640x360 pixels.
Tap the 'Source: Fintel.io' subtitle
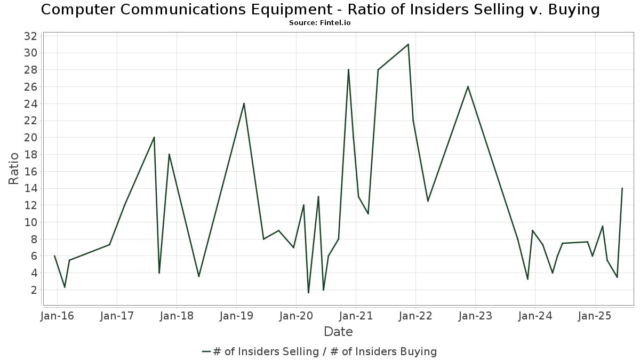(x=319, y=23)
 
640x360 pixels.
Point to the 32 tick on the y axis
(x=30, y=36)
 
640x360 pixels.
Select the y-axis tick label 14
(x=30, y=188)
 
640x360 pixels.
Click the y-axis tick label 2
(x=33, y=290)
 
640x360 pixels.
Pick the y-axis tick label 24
(x=30, y=103)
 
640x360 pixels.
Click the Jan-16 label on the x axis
(x=58, y=315)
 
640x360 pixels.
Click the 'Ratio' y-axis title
(x=14, y=169)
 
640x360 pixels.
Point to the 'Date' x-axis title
(x=338, y=332)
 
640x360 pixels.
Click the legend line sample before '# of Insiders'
(x=207, y=351)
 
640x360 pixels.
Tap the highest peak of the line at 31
(x=408, y=44)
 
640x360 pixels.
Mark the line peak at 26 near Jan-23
(x=468, y=86)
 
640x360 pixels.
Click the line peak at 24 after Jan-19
(x=244, y=103)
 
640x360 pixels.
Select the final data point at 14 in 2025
(x=622, y=188)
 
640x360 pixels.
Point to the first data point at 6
(x=54, y=256)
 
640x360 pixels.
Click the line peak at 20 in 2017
(x=154, y=137)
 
